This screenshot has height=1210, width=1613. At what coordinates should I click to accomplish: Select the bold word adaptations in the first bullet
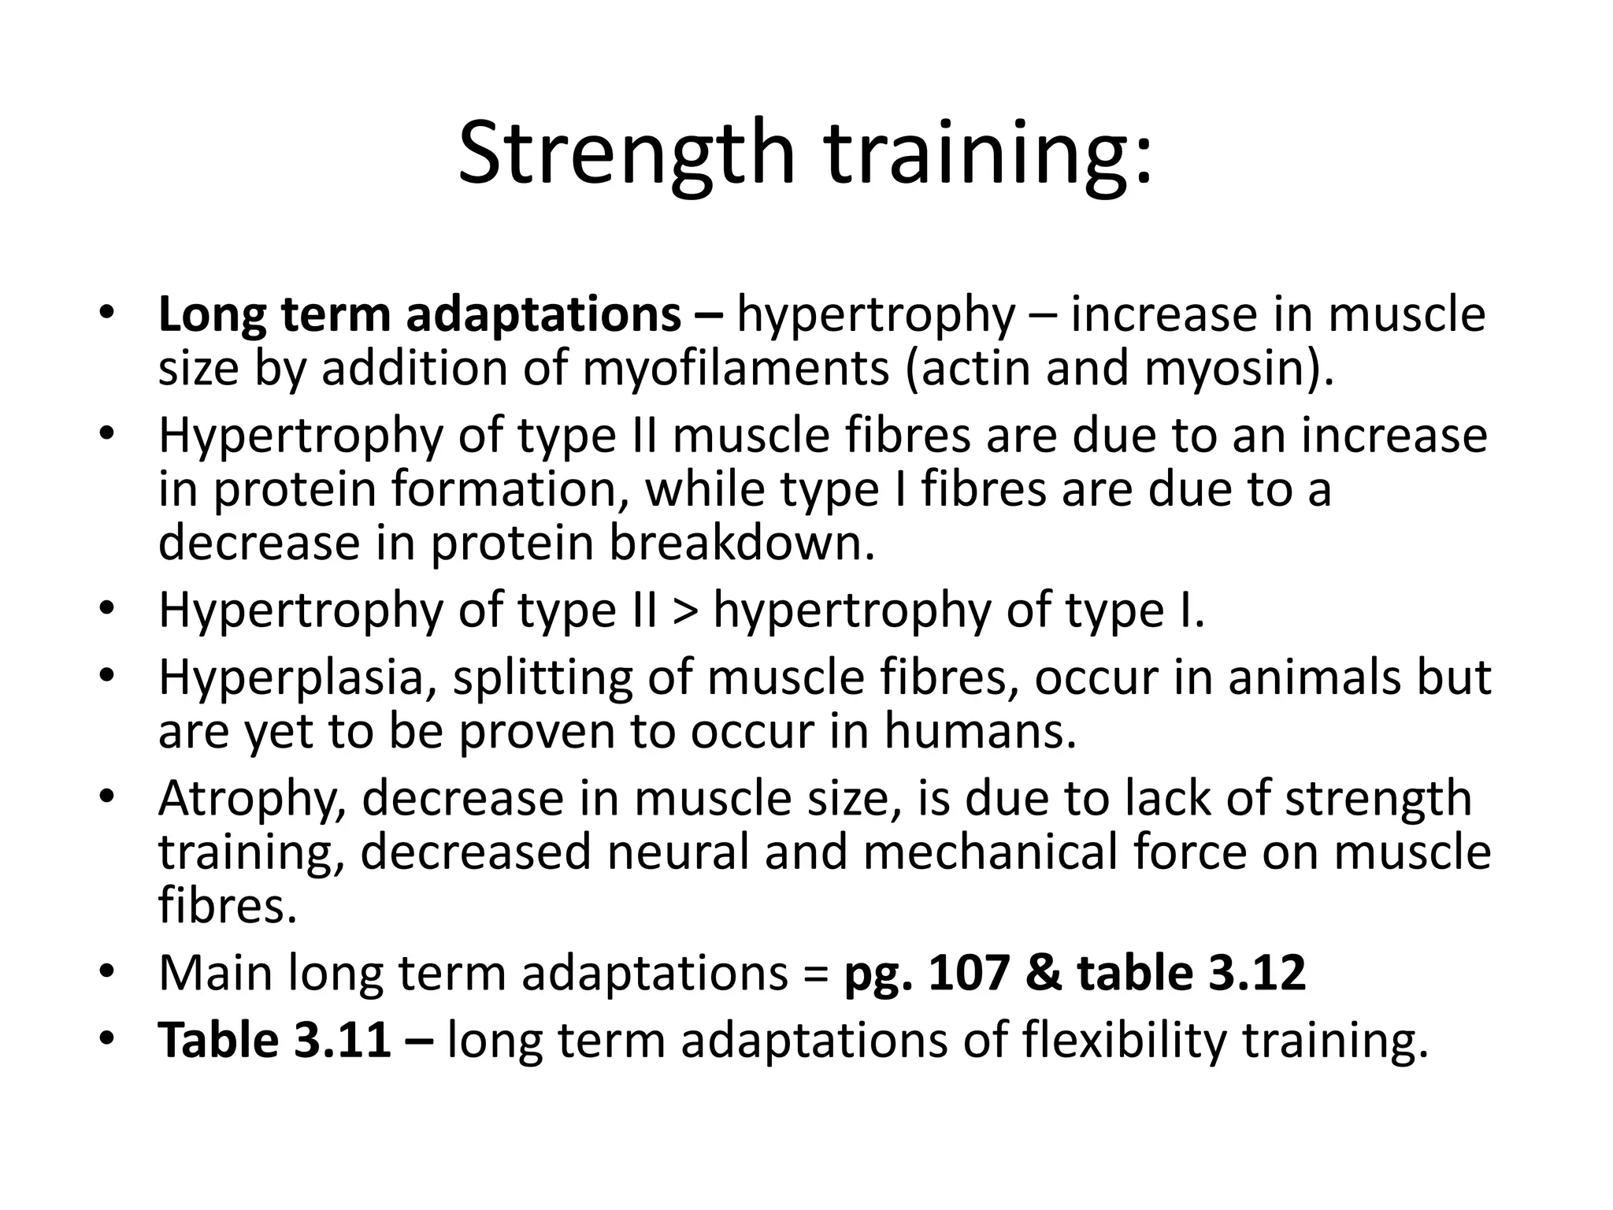coord(543,314)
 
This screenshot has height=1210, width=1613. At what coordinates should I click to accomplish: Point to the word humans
coord(979,731)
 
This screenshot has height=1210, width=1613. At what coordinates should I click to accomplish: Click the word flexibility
coord(1125,1040)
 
